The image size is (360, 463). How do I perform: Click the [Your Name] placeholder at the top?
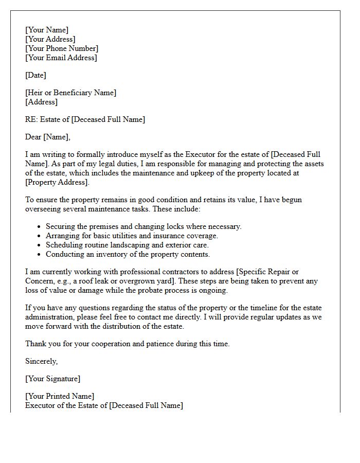click(47, 30)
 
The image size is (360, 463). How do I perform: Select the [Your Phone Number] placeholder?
click(62, 49)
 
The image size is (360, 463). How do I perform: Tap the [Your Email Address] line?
click(61, 58)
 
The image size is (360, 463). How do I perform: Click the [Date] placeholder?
click(35, 76)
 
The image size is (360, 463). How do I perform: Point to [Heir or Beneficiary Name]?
click(71, 93)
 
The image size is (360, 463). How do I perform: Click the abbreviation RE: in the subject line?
click(31, 120)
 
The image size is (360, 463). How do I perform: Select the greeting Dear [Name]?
click(48, 137)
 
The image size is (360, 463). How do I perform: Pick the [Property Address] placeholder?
click(57, 183)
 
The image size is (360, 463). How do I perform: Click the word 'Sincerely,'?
click(42, 362)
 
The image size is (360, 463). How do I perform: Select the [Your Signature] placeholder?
click(52, 379)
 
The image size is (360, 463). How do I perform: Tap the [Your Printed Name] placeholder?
click(60, 397)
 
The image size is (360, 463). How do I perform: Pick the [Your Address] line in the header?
click(50, 40)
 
